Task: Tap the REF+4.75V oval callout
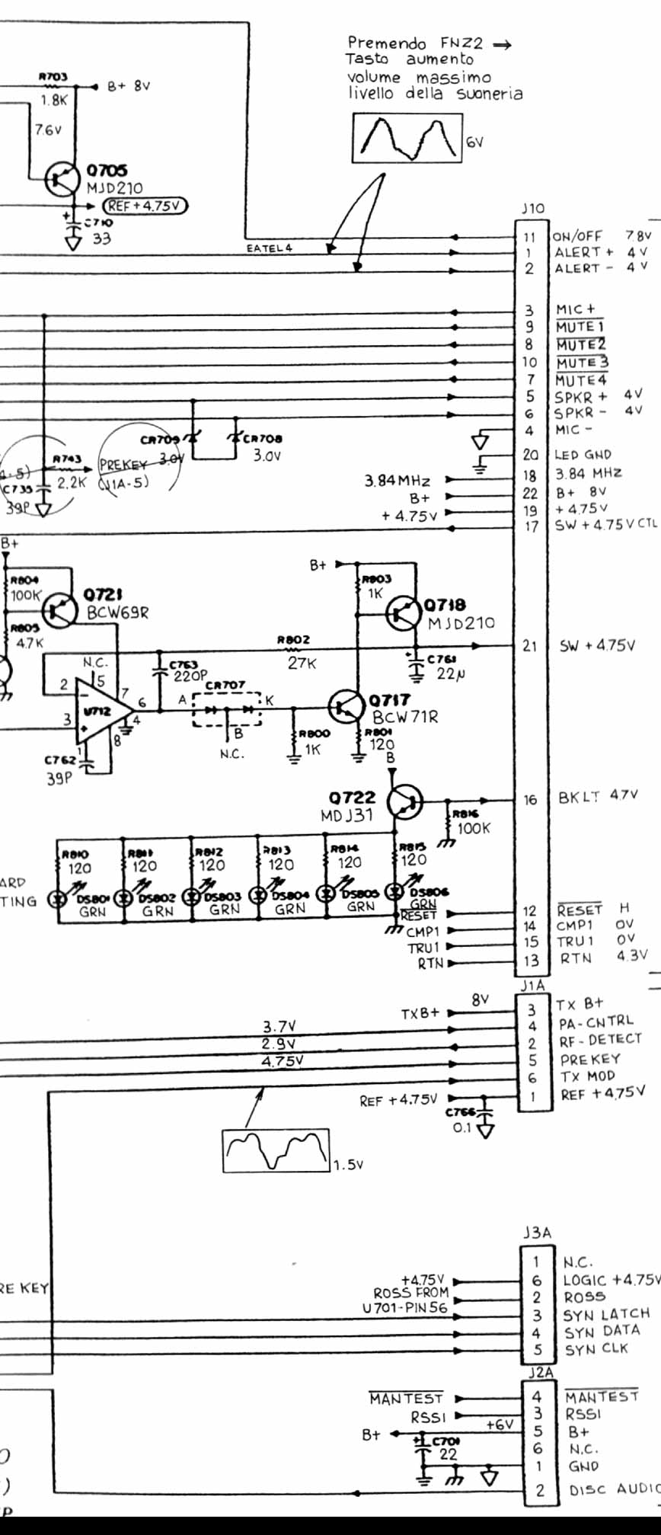coord(145,206)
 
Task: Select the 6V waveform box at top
coord(407,138)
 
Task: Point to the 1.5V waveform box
coord(276,1150)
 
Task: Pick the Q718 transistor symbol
coord(403,614)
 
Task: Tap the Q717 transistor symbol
coord(346,708)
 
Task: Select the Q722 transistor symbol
coord(404,801)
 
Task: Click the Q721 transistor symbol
coord(60,609)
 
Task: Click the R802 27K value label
coord(302,664)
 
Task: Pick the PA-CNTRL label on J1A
coord(595,1022)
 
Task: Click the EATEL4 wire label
coord(269,248)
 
